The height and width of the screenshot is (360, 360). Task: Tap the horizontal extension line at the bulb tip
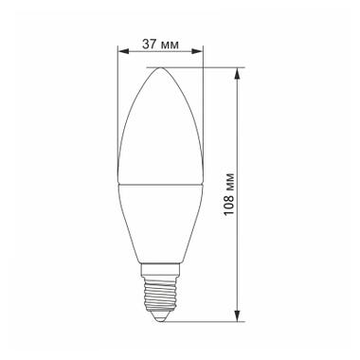pyautogui.click(x=204, y=66)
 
